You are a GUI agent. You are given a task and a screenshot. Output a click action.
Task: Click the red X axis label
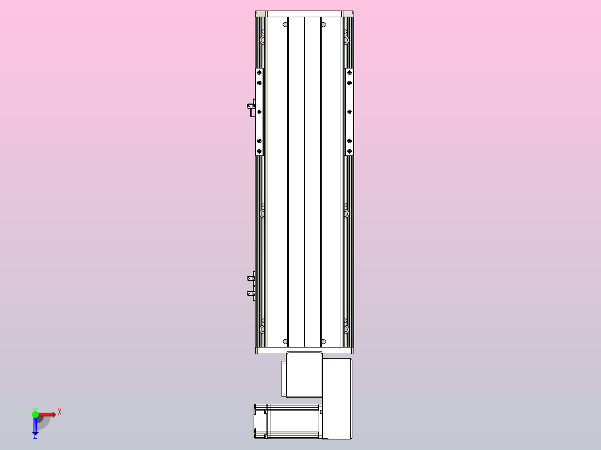60,412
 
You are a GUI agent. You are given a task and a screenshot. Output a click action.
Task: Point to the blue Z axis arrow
35,427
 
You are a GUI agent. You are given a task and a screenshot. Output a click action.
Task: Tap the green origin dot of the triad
35,414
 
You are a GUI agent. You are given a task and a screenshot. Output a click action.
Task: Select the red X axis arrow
47,414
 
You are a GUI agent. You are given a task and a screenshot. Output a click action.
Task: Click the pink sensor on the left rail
253,112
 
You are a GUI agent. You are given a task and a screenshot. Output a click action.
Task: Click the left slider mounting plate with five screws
259,111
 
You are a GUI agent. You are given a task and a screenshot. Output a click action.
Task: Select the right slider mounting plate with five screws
350,111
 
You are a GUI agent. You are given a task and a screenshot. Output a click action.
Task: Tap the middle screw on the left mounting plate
259,112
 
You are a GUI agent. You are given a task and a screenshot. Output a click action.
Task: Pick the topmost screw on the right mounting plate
350,71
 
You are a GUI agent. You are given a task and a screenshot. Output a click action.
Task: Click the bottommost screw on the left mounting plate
259,151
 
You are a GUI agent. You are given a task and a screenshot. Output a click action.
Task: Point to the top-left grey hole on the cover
286,25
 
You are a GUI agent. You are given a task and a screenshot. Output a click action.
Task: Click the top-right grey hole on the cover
322,25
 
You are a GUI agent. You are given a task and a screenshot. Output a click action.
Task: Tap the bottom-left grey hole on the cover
286,341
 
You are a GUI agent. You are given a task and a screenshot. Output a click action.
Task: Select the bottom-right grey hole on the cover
322,341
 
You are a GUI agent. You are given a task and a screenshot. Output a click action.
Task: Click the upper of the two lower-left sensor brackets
251,277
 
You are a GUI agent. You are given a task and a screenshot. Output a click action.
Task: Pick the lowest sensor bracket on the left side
251,293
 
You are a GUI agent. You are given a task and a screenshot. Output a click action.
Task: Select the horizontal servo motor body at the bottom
293,420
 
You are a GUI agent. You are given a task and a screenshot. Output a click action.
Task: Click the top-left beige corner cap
260,13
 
